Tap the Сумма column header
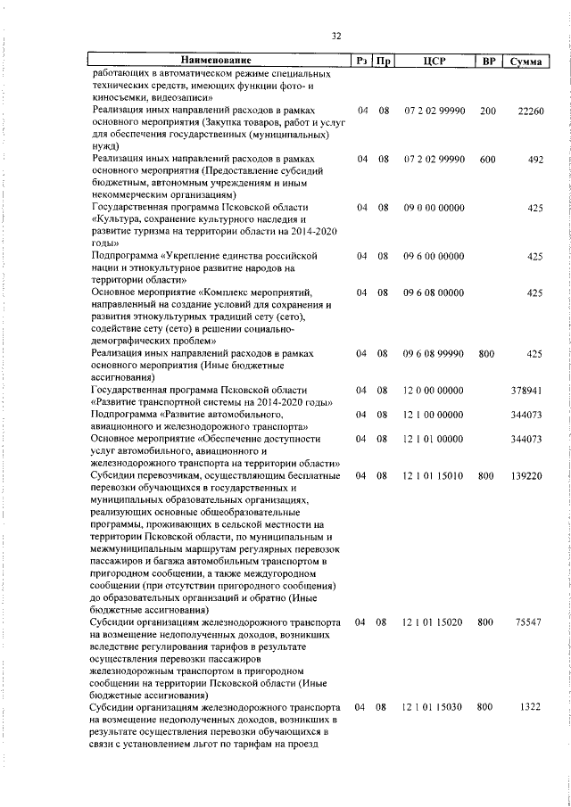pos(525,61)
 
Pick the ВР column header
pos(488,61)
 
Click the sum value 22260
pos(530,111)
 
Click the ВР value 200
pos(487,111)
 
